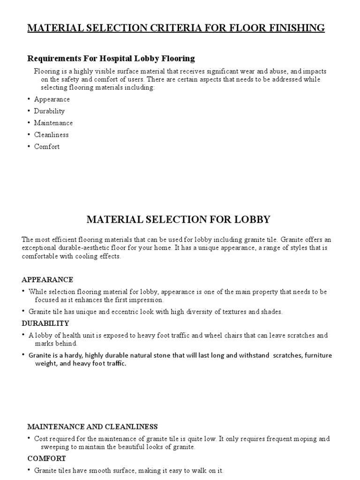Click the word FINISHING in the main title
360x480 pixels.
click(294, 28)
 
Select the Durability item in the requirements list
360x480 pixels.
click(49, 111)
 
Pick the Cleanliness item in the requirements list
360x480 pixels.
click(51, 135)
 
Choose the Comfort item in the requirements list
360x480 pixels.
click(47, 146)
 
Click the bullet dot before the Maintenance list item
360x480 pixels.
click(28, 123)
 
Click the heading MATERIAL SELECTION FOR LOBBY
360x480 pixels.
click(179, 219)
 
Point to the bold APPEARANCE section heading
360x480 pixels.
click(47, 279)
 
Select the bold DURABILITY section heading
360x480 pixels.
click(45, 323)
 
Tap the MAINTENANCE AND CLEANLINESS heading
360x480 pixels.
click(92, 427)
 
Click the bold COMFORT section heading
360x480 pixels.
click(46, 458)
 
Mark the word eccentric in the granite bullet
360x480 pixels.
click(132, 312)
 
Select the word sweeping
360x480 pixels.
click(49, 447)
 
